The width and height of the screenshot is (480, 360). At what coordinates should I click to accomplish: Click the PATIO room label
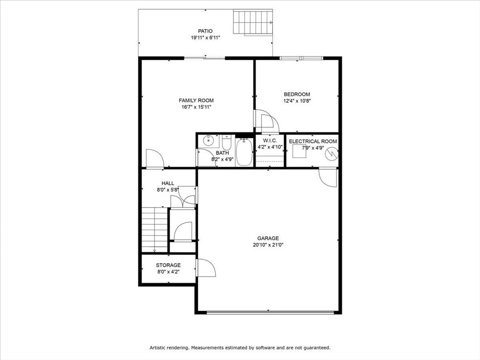tap(205, 31)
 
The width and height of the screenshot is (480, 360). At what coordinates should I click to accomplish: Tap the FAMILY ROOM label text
tap(196, 100)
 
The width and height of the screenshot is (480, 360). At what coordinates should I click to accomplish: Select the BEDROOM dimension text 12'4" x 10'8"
tap(297, 101)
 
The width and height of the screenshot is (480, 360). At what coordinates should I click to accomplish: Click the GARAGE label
tap(268, 238)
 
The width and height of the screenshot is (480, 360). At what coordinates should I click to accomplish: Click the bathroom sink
tap(209, 141)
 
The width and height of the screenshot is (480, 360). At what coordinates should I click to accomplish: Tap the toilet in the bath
tap(226, 142)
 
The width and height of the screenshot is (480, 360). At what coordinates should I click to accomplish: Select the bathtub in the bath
tap(244, 152)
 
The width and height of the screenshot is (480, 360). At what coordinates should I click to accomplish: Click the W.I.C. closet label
tap(270, 141)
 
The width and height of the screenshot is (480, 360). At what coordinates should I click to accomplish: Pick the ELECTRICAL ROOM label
tap(313, 142)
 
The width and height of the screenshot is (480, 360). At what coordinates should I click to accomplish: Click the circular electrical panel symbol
tap(331, 153)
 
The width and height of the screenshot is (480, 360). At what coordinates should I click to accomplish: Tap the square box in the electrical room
tap(299, 151)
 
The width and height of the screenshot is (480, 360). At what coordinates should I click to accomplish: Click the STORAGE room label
tap(168, 265)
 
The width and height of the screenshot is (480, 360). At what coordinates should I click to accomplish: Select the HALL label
tap(168, 183)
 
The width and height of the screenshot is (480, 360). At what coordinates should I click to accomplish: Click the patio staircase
tap(253, 22)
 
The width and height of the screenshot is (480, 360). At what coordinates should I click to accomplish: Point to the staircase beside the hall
tap(155, 230)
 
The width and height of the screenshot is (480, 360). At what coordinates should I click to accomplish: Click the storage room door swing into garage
tap(206, 268)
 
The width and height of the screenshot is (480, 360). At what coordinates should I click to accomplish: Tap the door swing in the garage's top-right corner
tap(328, 177)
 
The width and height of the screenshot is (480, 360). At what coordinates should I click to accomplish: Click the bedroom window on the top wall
tap(301, 58)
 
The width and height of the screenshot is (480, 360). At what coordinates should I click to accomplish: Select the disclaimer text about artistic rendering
tap(240, 348)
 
